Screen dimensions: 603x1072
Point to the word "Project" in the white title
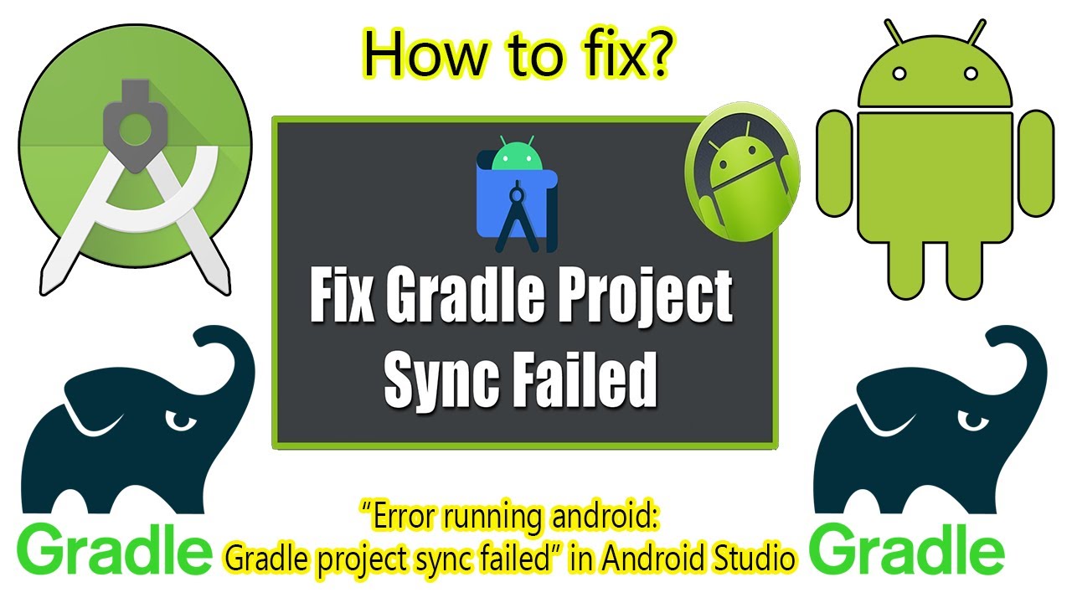pyautogui.click(x=657, y=299)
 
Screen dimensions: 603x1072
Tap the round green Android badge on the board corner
pyautogui.click(x=741, y=174)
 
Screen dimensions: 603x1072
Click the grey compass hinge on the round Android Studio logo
pyautogui.click(x=131, y=126)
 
